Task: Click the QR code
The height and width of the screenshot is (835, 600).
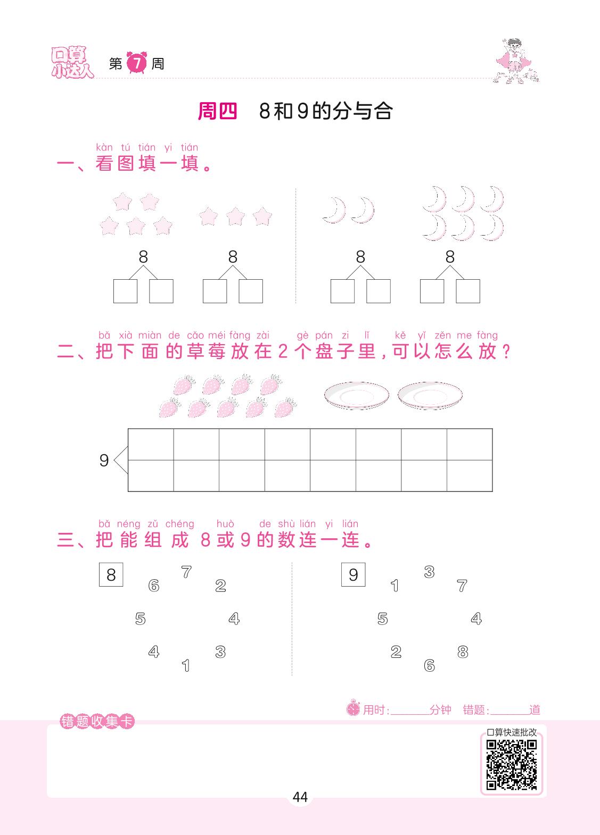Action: [x=511, y=765]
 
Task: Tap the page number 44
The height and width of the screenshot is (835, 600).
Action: [x=300, y=797]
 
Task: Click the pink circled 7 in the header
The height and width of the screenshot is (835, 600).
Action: [x=137, y=63]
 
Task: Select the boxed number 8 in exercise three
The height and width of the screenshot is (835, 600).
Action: [x=111, y=574]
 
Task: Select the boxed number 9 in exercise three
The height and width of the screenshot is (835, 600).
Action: [x=353, y=574]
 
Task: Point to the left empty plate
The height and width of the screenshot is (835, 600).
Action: [x=356, y=395]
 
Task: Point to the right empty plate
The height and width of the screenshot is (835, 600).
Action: [x=430, y=395]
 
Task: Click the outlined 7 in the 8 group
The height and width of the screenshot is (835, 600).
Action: [x=186, y=572]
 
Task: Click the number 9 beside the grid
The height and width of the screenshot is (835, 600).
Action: [x=104, y=461]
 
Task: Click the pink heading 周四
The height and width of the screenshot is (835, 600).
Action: [x=217, y=111]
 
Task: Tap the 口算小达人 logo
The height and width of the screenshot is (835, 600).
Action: [x=72, y=62]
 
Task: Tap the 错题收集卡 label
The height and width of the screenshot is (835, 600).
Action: [x=97, y=721]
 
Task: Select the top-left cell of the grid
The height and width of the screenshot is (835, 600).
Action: [x=151, y=444]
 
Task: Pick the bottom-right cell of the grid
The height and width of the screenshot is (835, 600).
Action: [x=470, y=475]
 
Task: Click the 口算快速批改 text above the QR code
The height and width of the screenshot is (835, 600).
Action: [x=512, y=732]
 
